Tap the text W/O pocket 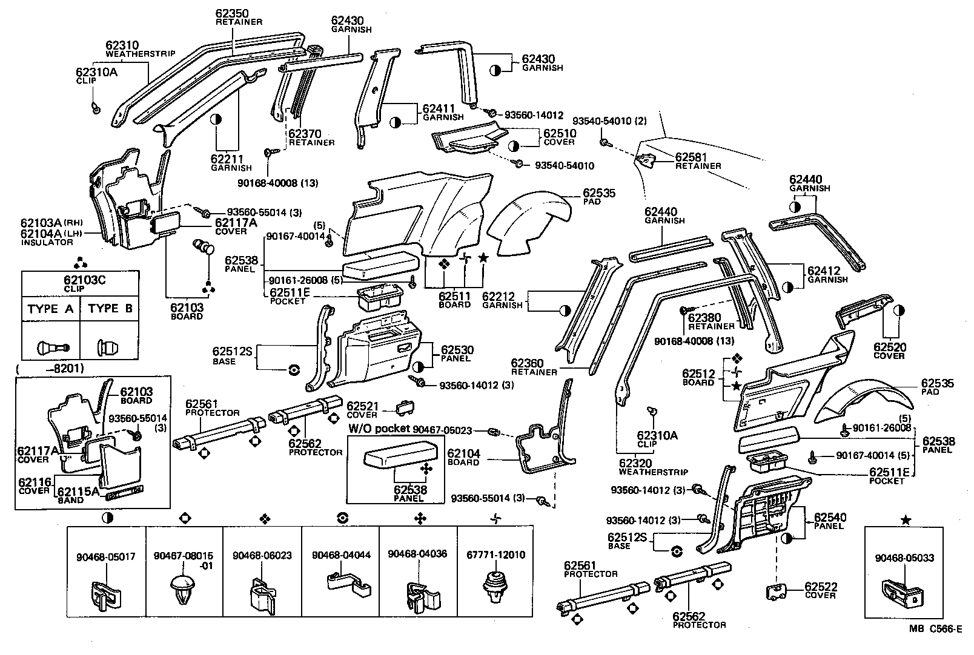(x=379, y=429)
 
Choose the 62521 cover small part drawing (x=404, y=408)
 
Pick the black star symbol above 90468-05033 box (x=905, y=519)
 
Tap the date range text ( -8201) (x=51, y=368)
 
